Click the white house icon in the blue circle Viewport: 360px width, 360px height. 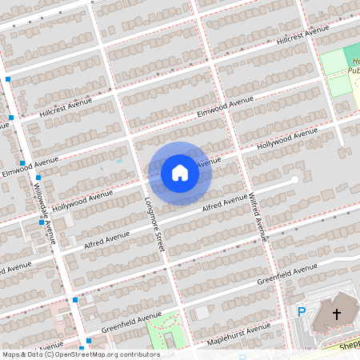[x=180, y=172]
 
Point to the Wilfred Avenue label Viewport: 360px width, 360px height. [x=255, y=216]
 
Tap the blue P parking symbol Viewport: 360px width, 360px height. [x=302, y=312]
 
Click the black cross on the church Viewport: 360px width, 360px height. [x=337, y=314]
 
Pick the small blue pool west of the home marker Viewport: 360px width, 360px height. [x=118, y=160]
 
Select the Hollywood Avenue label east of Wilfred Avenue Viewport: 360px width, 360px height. [x=282, y=141]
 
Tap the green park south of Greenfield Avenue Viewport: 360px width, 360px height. [x=164, y=326]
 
